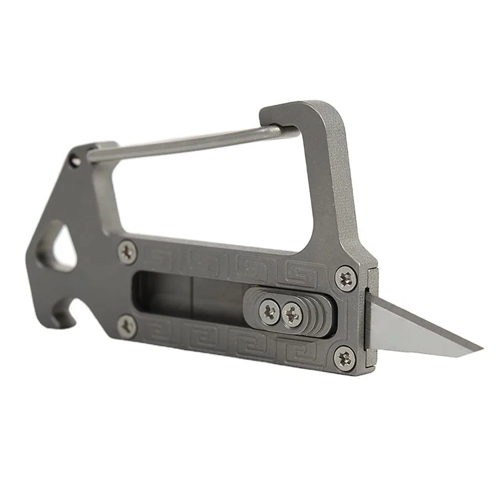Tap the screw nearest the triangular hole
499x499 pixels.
[x=126, y=251]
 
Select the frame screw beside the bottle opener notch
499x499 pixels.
[x=128, y=325]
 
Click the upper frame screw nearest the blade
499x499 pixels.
[x=345, y=277]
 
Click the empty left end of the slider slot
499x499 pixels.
[x=160, y=296]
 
